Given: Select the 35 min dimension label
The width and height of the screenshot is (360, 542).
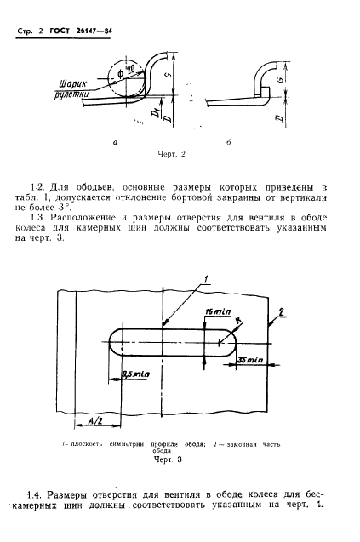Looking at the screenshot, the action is coord(251,361).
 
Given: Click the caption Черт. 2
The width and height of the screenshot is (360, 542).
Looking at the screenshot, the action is coord(172,154).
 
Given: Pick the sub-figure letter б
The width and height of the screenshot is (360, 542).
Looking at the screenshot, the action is coord(254,144).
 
